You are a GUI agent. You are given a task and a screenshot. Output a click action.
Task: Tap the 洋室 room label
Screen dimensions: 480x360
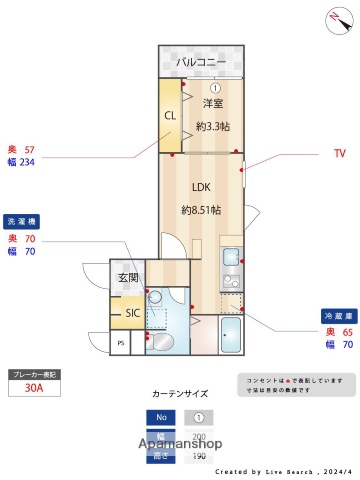point(211,104)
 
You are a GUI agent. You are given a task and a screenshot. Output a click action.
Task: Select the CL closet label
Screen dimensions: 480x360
point(170,115)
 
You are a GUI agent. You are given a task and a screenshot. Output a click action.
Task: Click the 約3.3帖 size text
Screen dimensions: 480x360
point(212,126)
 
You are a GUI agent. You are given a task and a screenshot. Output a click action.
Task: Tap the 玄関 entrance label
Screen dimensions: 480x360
point(128,277)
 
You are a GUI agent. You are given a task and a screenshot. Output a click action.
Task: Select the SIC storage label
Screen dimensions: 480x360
point(132,312)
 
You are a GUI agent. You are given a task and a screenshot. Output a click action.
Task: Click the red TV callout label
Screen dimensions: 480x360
point(339,154)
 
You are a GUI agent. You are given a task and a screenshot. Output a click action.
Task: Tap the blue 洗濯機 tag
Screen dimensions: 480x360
point(22,220)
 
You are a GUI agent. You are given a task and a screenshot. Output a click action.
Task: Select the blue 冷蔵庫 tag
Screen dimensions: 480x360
point(336,313)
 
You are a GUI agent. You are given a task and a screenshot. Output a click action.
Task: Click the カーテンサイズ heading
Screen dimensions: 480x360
point(181,394)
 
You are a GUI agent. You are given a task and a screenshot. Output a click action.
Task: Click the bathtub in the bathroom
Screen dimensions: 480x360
point(231,336)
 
